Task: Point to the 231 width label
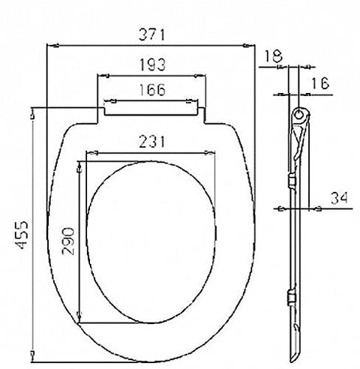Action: tap(151, 140)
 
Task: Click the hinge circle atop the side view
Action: tap(300, 115)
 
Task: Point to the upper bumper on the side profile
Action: tap(291, 181)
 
